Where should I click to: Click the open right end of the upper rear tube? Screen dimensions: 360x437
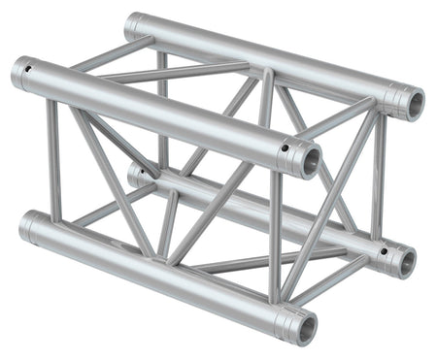411,102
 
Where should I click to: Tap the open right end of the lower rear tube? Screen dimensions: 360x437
405,260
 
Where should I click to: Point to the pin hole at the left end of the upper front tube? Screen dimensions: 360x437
30,69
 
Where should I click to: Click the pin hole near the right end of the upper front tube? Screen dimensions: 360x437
285,148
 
